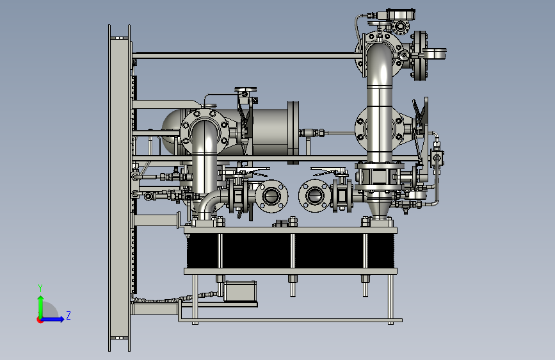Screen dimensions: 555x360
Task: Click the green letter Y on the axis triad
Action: pyautogui.click(x=40, y=288)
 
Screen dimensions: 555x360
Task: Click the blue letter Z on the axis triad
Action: pyautogui.click(x=68, y=315)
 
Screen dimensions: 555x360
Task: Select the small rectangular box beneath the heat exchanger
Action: pyautogui.click(x=239, y=291)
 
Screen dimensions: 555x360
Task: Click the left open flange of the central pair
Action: pyautogui.click(x=271, y=196)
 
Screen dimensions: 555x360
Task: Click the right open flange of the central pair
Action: pyautogui.click(x=315, y=196)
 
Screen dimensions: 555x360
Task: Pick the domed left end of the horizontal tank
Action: pyautogui.click(x=171, y=131)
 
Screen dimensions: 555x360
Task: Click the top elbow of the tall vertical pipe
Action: pyautogui.click(x=380, y=62)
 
